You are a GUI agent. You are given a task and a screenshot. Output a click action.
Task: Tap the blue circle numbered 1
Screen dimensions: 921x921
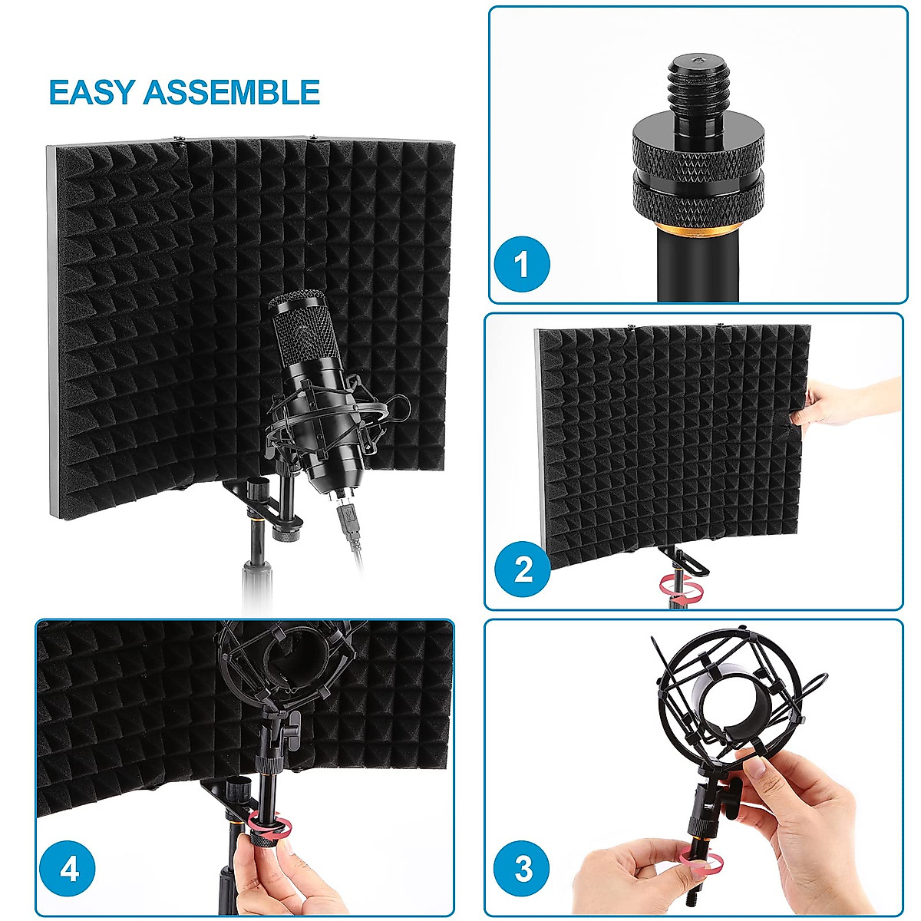[522, 265]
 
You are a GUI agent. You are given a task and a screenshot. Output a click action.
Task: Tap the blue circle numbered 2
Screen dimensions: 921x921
[523, 569]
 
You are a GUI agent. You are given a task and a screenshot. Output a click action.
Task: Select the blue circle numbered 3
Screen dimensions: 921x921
[523, 870]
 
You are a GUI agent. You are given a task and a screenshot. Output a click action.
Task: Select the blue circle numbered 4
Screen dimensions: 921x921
[69, 870]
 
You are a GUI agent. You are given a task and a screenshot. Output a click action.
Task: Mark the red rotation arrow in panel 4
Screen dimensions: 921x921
[270, 827]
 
